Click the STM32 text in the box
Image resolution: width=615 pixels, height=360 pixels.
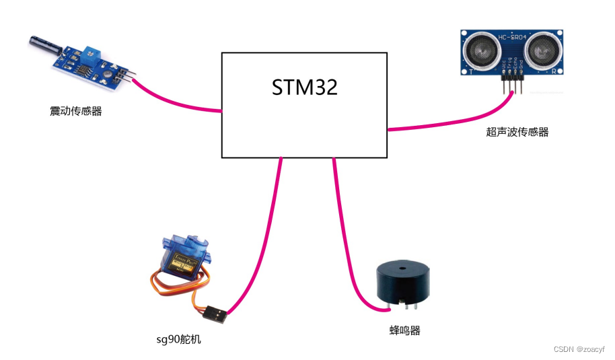[304, 87]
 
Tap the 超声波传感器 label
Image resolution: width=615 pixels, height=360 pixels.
[517, 133]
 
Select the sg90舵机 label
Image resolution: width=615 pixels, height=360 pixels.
[178, 339]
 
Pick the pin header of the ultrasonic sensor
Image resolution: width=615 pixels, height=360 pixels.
[511, 81]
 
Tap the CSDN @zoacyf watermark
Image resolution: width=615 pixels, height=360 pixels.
[579, 349]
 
